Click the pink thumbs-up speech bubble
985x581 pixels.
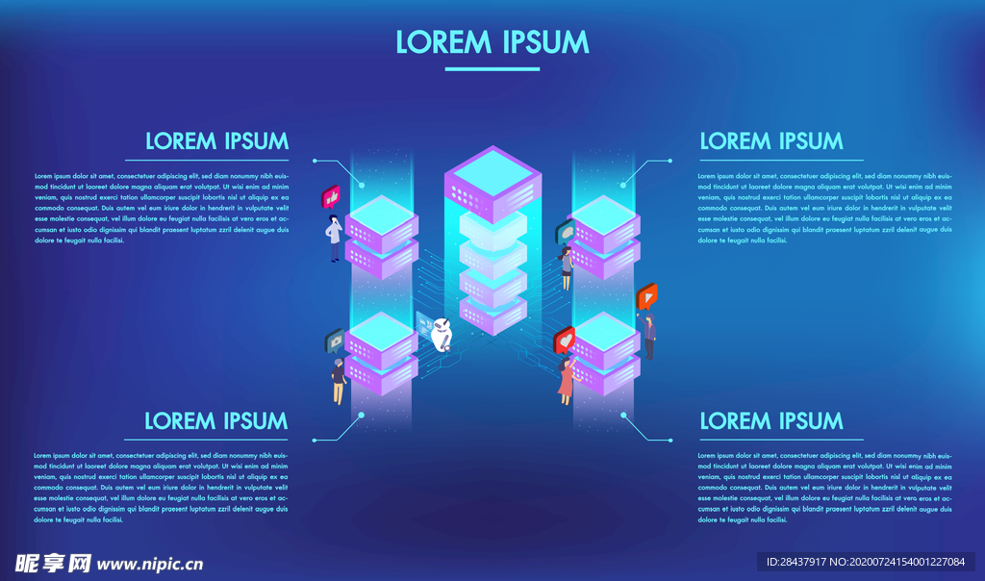(332, 198)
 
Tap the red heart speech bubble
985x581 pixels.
(565, 340)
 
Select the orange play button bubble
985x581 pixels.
(647, 297)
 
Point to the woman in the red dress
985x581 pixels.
(566, 381)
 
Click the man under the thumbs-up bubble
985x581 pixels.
(335, 239)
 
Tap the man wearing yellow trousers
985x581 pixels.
(339, 381)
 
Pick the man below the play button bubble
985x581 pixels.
(650, 337)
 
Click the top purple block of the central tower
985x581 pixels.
(492, 183)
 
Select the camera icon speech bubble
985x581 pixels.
(336, 340)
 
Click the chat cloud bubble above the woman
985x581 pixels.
(565, 232)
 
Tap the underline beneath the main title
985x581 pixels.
(492, 68)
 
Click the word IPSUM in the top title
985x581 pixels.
(544, 42)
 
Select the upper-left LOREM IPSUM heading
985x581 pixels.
(216, 141)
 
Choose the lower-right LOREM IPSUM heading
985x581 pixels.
(771, 420)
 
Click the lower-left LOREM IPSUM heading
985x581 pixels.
(216, 420)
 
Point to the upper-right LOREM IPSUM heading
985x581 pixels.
(771, 141)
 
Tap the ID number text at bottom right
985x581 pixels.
(865, 562)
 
